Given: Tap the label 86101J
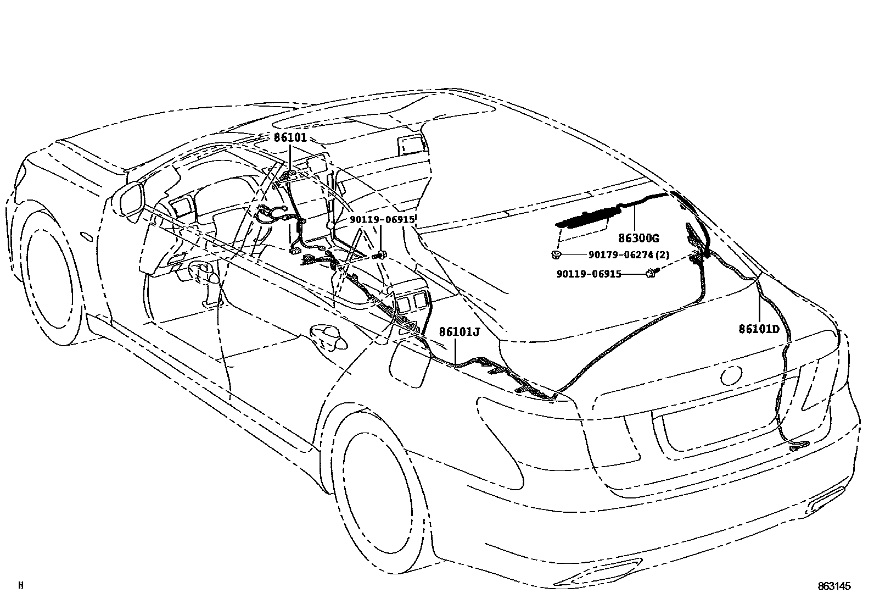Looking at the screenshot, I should (459, 332).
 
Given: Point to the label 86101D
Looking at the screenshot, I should (759, 329).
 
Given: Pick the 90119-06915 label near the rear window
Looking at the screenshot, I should (589, 274).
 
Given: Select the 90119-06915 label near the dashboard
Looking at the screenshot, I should (382, 220).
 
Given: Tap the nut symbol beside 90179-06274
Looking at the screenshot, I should (556, 254).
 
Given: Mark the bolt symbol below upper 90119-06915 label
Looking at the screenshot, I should (382, 254).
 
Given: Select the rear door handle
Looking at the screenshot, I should (328, 336).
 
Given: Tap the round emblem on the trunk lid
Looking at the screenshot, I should (731, 375).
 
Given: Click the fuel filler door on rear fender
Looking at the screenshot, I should (409, 363).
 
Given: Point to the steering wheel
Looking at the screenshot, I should (204, 273).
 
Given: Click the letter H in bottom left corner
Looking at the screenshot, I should (21, 586).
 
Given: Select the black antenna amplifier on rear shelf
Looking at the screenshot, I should (585, 219).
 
